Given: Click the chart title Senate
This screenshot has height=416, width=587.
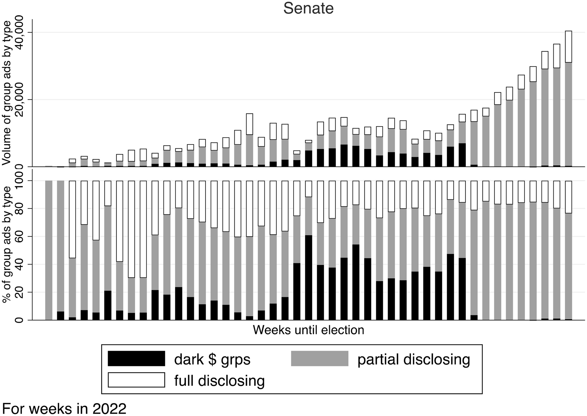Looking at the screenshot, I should [x=308, y=8].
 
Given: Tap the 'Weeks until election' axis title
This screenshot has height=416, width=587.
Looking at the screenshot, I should [x=308, y=330].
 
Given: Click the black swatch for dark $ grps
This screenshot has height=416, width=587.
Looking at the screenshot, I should [x=136, y=358].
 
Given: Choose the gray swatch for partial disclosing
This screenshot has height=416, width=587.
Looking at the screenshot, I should [x=319, y=358].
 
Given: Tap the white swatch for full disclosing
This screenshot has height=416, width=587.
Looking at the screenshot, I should [x=136, y=380].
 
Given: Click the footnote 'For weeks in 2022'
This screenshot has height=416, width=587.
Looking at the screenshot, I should [x=64, y=408].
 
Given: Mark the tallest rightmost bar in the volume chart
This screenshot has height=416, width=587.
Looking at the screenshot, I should [x=568, y=98].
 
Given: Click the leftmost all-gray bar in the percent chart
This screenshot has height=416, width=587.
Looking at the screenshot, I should [x=49, y=250].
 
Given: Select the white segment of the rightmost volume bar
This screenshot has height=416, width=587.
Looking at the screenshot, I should [x=568, y=46].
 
